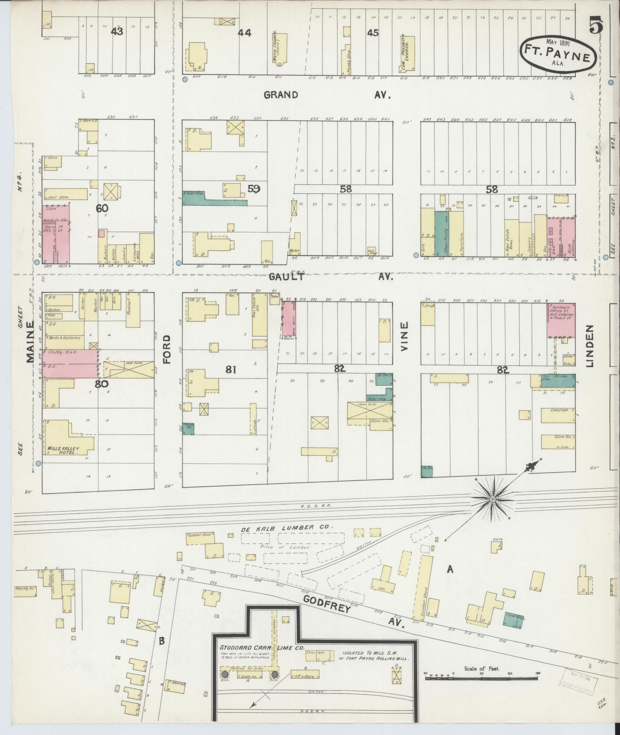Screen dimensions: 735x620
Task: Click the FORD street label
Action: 167,349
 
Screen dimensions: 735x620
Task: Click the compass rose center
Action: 492,499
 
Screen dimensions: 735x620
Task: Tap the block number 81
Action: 230,370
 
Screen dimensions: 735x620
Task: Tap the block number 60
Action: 102,208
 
